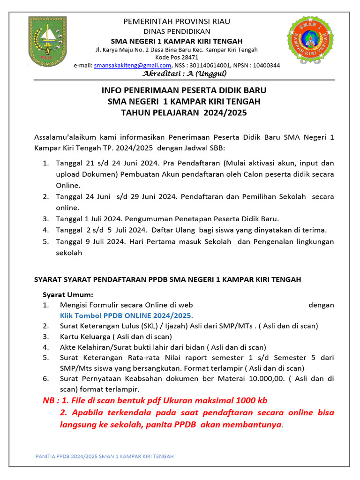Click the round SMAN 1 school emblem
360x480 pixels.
(311, 41)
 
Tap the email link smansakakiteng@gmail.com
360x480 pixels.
(133, 66)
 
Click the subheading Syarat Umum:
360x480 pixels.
(68, 295)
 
